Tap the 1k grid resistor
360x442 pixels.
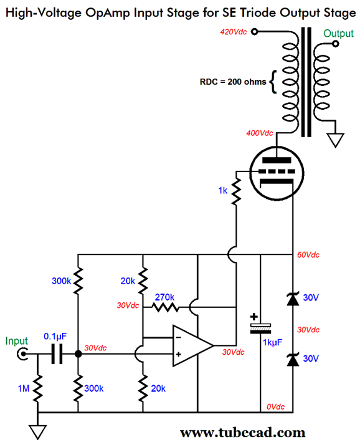[x=236, y=193]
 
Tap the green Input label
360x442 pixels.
[x=17, y=341]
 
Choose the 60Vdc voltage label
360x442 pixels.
[x=309, y=255]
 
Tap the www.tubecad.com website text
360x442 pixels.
[x=242, y=431]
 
